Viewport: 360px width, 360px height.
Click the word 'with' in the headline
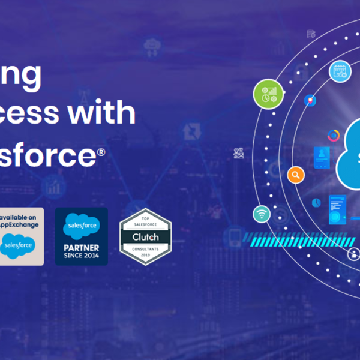[114, 112]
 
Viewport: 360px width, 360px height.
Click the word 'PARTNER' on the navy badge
[81, 247]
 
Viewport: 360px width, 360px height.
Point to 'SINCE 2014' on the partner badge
[81, 255]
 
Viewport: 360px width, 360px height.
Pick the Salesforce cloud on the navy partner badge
[81, 226]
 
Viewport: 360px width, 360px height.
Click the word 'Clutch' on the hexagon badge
[145, 237]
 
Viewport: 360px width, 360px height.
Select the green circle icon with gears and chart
[268, 94]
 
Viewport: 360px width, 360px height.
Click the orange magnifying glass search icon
[295, 175]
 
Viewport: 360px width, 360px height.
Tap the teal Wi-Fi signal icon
[262, 214]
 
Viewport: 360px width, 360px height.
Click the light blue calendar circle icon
[340, 71]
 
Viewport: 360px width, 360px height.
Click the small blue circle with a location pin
[310, 100]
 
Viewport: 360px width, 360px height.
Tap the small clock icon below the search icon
[316, 203]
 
